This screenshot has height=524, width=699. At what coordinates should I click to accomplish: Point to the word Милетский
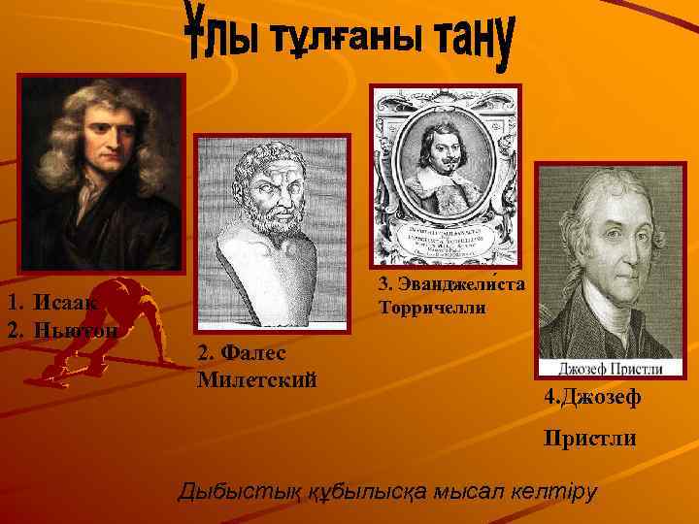pos(258,377)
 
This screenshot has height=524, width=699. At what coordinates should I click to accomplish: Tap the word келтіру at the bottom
pos(553,490)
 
